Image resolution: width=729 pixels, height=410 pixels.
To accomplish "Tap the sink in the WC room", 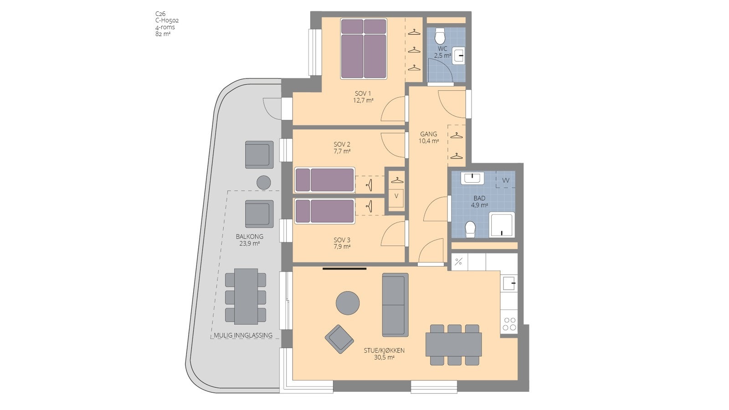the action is (x=458, y=56).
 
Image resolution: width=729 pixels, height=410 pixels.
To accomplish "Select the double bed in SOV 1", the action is (x=364, y=49).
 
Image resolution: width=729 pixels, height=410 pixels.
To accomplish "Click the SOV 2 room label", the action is (x=342, y=148).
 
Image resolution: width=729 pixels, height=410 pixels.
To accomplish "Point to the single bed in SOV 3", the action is (x=324, y=211).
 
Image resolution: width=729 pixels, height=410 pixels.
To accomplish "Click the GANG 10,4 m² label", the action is (x=429, y=137).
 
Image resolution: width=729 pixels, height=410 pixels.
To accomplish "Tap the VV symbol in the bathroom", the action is (x=505, y=180).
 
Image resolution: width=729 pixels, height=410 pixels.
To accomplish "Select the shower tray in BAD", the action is (x=502, y=225).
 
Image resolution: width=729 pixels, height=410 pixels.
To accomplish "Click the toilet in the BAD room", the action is (x=470, y=230).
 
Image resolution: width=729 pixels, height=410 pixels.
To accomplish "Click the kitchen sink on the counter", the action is (x=509, y=283).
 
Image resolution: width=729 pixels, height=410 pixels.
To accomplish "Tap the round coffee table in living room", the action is (x=348, y=303).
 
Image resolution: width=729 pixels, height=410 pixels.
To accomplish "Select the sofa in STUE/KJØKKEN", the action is (x=395, y=305).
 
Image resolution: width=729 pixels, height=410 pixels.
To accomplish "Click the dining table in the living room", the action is (x=454, y=344).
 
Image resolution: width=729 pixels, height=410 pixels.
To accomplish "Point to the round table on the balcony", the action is (x=264, y=183).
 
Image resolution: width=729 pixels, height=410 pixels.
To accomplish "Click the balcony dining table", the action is (x=246, y=297).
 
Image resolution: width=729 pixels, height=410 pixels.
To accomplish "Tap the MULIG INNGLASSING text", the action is (x=243, y=335).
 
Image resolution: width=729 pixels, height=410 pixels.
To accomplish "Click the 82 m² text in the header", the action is (x=163, y=34).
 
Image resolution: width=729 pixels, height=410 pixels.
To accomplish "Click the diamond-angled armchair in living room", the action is (x=339, y=339).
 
